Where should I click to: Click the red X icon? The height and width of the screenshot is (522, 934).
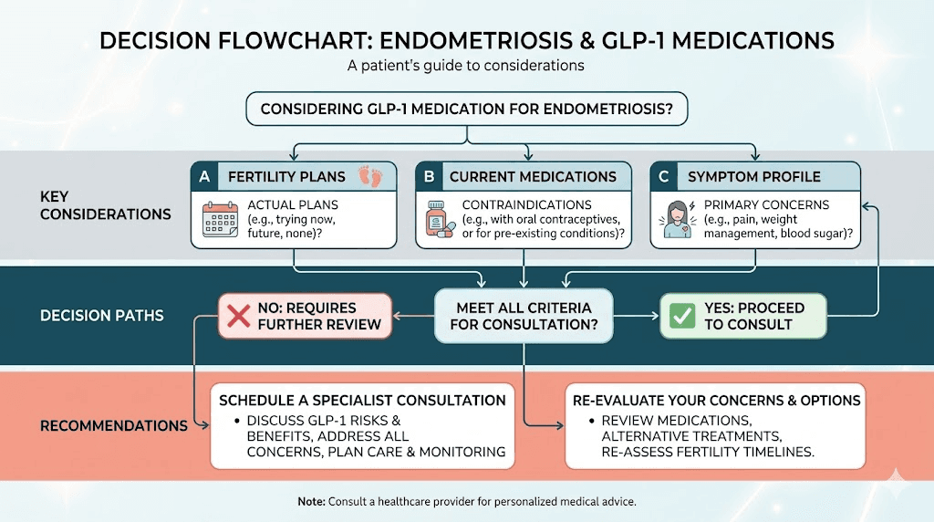[239, 316]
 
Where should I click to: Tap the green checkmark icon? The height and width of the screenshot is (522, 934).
[683, 316]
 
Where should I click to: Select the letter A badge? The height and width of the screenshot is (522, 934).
[204, 176]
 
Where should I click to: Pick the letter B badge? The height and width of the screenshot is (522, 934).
[429, 176]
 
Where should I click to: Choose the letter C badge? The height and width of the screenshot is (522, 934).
[665, 176]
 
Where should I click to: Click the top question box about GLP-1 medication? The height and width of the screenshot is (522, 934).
[467, 109]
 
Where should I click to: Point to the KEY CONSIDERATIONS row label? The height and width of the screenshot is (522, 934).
[106, 205]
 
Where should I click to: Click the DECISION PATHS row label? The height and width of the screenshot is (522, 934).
[102, 316]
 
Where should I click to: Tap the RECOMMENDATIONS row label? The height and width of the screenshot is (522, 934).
[114, 425]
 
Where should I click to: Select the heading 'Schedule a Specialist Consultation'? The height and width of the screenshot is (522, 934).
[362, 400]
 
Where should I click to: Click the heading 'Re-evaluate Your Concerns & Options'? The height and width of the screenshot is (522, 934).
[716, 400]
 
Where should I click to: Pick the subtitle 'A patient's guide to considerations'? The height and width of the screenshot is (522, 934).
[466, 66]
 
